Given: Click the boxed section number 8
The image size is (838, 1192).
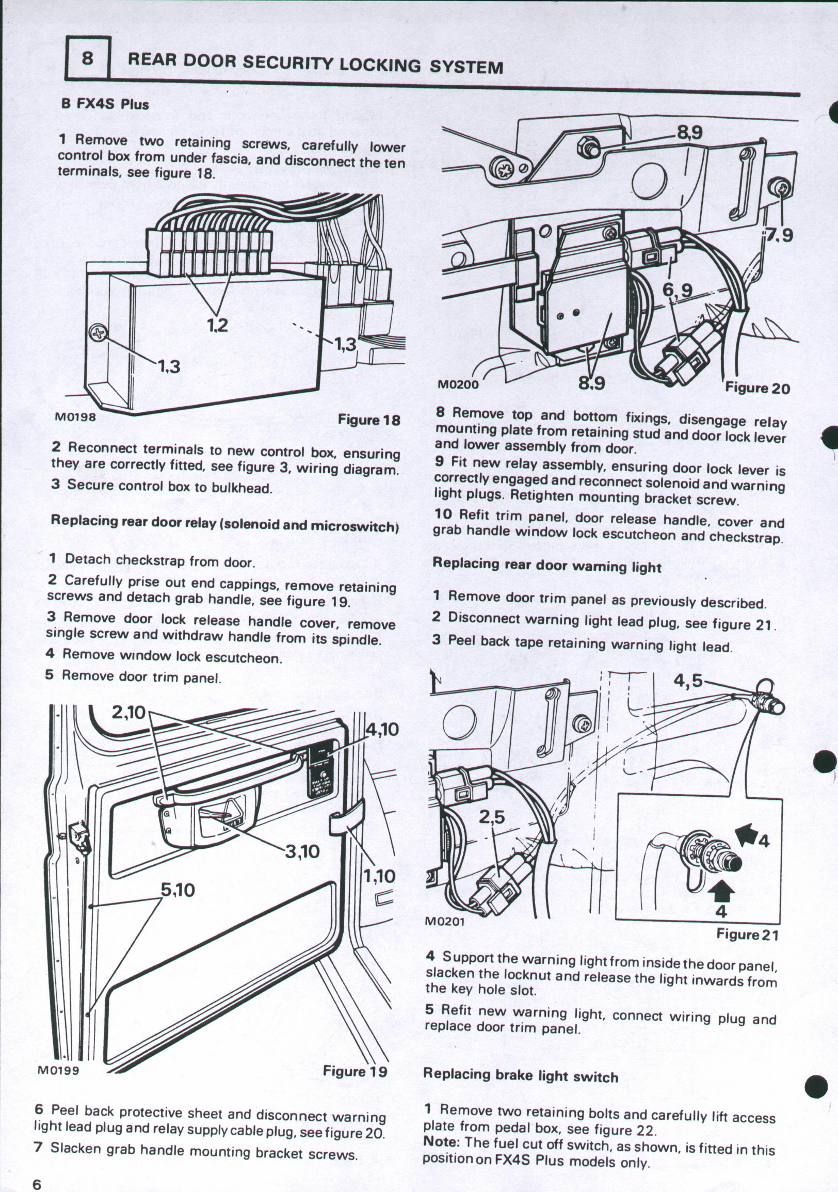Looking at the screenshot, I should click(87, 58).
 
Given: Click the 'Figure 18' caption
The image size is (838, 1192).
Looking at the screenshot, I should click(369, 420).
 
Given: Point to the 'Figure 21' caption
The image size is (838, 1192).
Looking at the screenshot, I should click(747, 935).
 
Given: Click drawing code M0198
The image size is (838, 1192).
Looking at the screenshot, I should click(75, 417).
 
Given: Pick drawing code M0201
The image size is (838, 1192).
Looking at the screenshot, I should click(444, 922).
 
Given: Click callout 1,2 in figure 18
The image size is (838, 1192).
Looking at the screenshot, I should click(217, 326).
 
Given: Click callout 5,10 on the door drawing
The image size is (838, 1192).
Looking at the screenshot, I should click(177, 890).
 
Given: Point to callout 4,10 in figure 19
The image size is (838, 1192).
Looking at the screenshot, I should click(382, 730).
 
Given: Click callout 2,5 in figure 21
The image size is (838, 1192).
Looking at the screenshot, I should click(491, 818).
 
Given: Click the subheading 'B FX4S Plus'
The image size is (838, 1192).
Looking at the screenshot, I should click(105, 104).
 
